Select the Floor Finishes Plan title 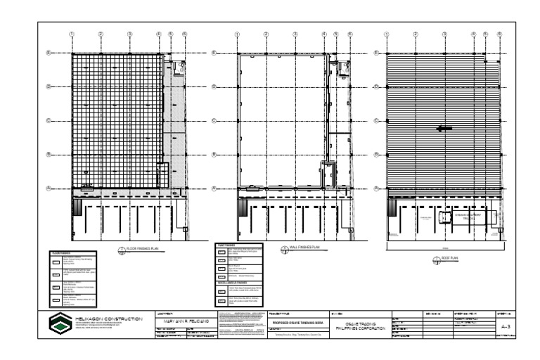pos(146,250)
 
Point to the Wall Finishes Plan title pos(304,247)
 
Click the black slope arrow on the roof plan pos(444,129)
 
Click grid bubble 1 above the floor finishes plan pos(72,34)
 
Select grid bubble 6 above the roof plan pos(499,34)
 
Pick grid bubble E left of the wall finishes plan pos(216,53)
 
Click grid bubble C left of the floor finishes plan pos(49,120)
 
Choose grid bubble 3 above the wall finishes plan pos(295,34)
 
